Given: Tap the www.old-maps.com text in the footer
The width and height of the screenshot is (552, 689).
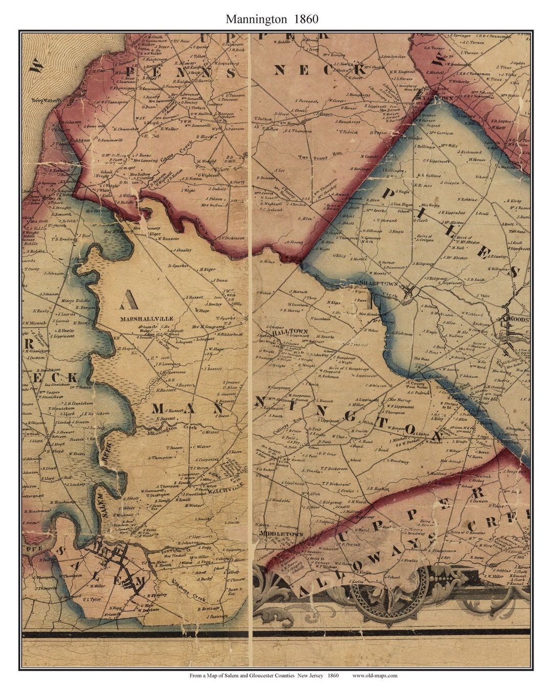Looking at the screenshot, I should point(375,675).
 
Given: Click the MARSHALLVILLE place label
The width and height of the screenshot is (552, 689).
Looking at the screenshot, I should point(147,318).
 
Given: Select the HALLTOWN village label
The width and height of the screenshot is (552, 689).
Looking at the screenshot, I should point(290,331).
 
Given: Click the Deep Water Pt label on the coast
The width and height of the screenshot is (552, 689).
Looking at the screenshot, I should point(46,101).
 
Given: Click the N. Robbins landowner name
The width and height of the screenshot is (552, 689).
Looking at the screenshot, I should point(468,200).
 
